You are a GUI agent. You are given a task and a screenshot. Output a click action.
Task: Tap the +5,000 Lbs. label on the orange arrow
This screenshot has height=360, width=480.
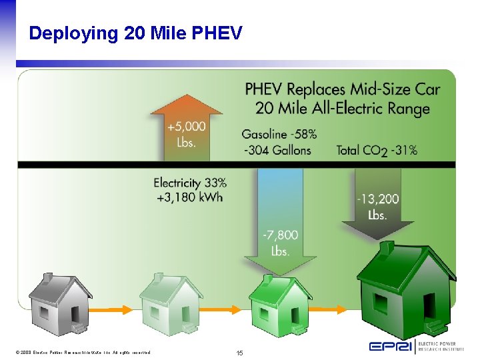[187, 134]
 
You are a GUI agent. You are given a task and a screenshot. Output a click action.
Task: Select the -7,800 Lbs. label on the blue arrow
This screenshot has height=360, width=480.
[280, 243]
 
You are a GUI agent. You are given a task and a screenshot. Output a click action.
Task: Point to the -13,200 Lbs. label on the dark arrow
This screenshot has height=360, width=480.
[377, 207]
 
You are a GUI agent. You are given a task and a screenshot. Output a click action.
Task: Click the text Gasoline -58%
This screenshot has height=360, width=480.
[279, 133]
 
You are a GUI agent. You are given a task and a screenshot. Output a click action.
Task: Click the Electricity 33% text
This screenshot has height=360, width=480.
[190, 182]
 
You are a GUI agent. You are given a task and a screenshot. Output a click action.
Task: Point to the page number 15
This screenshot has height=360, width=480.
[240, 352]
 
